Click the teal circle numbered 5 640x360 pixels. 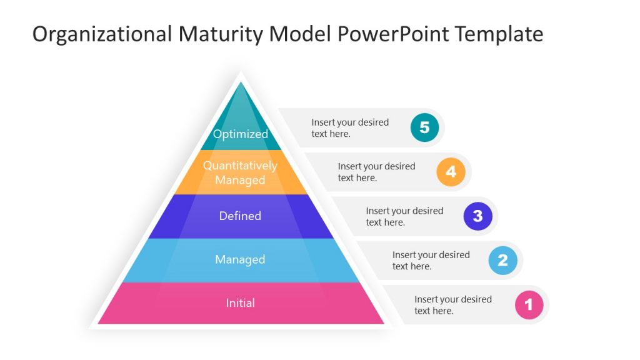pyautogui.click(x=424, y=127)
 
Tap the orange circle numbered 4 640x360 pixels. pyautogui.click(x=451, y=172)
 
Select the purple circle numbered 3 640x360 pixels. pyautogui.click(x=477, y=216)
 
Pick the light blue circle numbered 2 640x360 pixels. pyautogui.click(x=502, y=260)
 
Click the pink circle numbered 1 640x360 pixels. pyautogui.click(x=529, y=305)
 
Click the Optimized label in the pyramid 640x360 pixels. pyautogui.click(x=240, y=134)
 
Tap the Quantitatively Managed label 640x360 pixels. pyautogui.click(x=240, y=172)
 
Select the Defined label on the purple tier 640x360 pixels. pyautogui.click(x=240, y=216)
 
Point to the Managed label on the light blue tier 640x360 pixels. pyautogui.click(x=240, y=259)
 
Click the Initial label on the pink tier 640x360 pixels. pyautogui.click(x=240, y=303)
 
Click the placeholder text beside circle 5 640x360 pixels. pyautogui.click(x=350, y=127)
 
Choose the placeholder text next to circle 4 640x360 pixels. pyautogui.click(x=376, y=172)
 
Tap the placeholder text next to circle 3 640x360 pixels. pyautogui.click(x=404, y=216)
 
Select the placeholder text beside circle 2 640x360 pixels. pyautogui.click(x=431, y=260)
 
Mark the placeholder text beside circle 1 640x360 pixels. pyautogui.click(x=452, y=305)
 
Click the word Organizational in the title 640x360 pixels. pyautogui.click(x=101, y=34)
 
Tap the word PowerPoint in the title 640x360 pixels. pyautogui.click(x=394, y=34)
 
